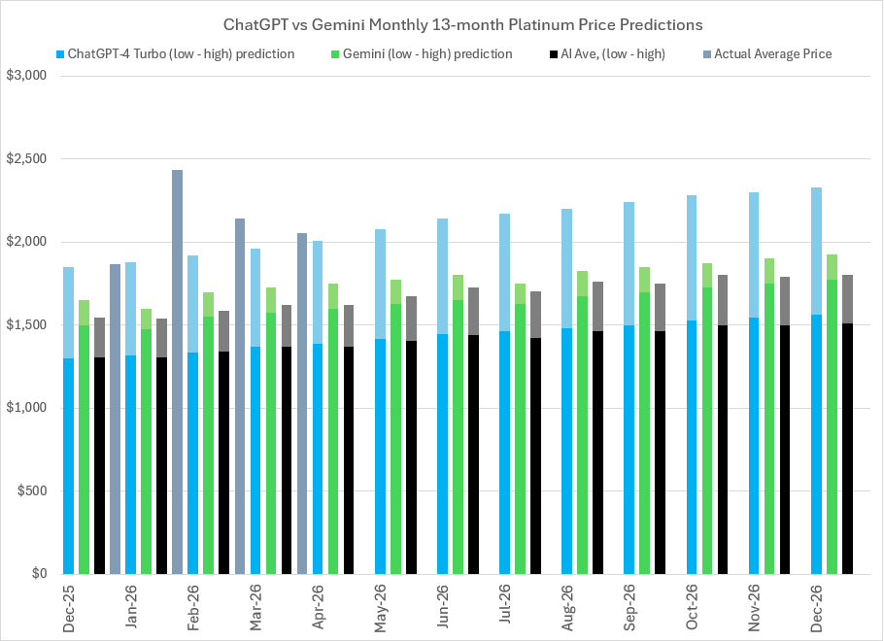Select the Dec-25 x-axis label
click(x=68, y=610)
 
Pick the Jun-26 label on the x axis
click(x=442, y=610)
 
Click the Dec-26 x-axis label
click(x=816, y=610)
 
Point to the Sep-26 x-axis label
click(x=629, y=610)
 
